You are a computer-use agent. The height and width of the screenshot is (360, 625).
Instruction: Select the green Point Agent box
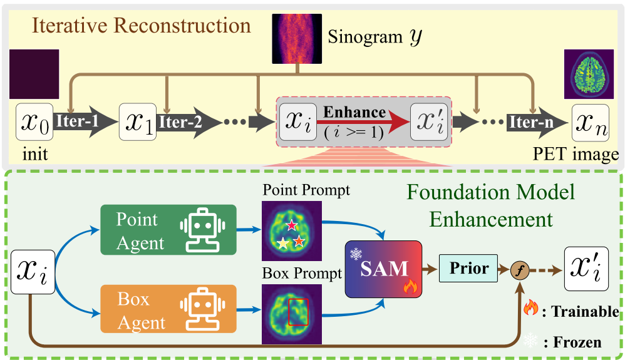coord(167,230)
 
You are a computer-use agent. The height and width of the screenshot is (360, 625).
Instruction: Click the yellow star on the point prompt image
coord(284,244)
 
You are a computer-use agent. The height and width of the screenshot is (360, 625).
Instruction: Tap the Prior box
coord(470,269)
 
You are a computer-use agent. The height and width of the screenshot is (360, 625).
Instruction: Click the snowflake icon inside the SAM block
coord(356,254)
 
